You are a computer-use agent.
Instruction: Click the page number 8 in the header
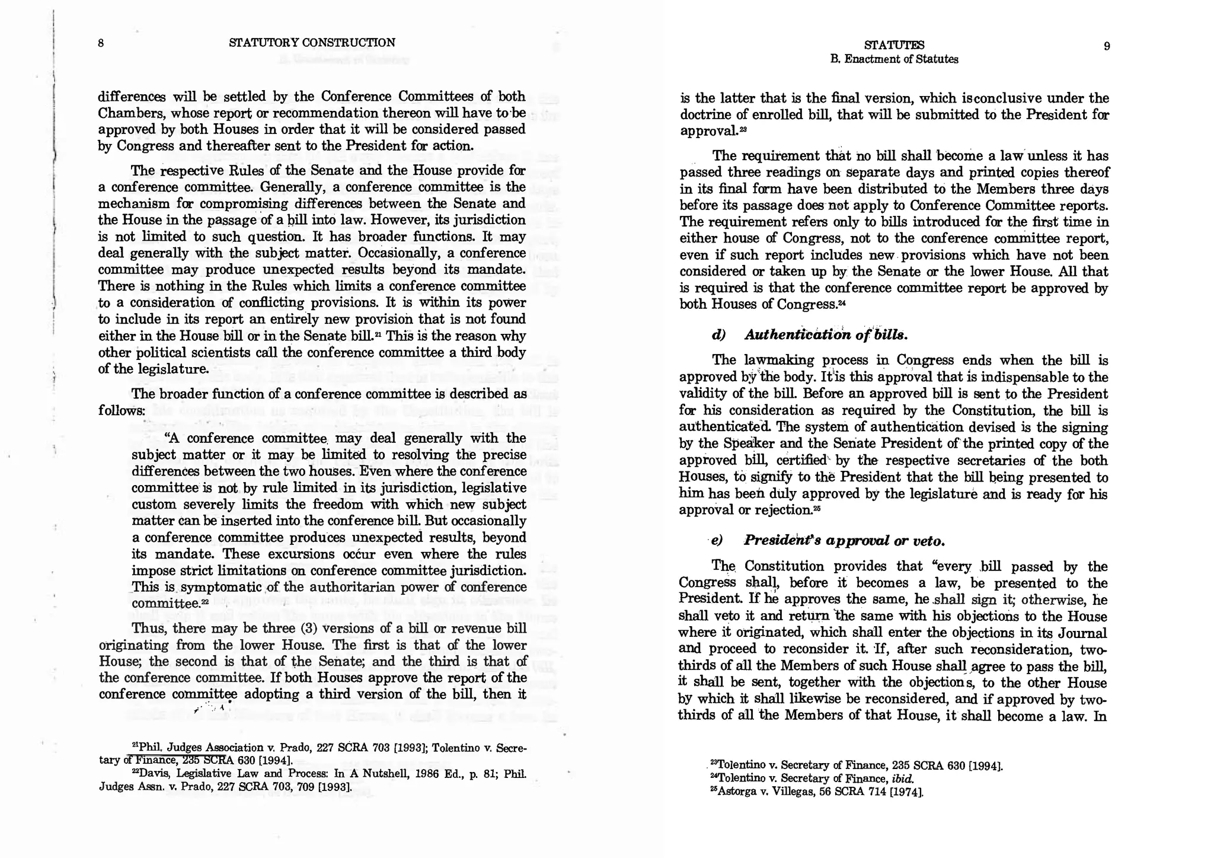point(101,43)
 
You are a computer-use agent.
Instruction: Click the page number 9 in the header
point(1107,46)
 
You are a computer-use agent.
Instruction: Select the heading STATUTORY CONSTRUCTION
point(312,43)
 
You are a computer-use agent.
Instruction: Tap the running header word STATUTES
point(894,45)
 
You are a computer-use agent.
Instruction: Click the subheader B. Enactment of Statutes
point(894,59)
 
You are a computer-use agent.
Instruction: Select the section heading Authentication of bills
point(826,334)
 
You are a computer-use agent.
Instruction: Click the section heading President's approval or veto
point(844,541)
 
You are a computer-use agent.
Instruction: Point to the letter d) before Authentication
point(718,334)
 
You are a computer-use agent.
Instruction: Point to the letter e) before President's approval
point(717,541)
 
